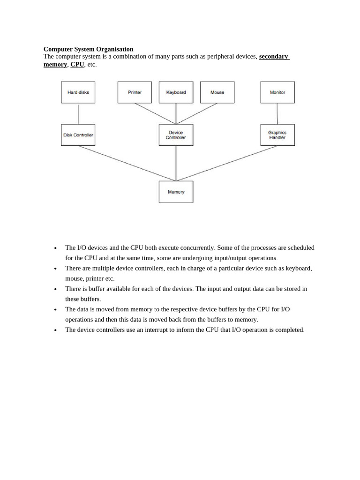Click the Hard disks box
click(x=78, y=92)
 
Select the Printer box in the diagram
click(x=135, y=92)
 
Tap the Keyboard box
click(x=176, y=92)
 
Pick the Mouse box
click(x=217, y=92)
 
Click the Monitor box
click(x=277, y=92)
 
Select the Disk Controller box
click(x=78, y=135)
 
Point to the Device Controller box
click(x=176, y=135)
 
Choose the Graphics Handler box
click(x=277, y=135)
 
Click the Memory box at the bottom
click(x=176, y=192)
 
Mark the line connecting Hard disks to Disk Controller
click(x=78, y=114)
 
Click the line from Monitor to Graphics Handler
click(x=277, y=114)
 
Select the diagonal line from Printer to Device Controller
click(x=155, y=114)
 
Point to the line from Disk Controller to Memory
click(x=127, y=163)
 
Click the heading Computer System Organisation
click(x=89, y=49)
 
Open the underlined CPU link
click(x=77, y=64)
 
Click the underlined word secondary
click(x=274, y=56)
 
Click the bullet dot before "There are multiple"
click(x=56, y=269)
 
